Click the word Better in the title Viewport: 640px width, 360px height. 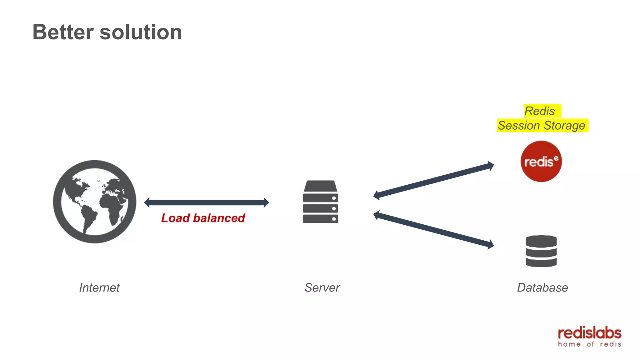[63, 32]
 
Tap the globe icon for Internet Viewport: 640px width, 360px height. [94, 202]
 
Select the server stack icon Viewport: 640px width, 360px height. [320, 202]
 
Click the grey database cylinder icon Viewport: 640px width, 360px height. [541, 251]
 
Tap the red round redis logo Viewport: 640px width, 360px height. [541, 161]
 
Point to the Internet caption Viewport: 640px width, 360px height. [99, 287]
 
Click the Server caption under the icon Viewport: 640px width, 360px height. [322, 287]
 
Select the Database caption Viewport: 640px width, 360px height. [542, 287]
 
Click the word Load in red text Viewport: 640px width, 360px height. [175, 218]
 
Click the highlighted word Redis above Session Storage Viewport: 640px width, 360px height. [540, 111]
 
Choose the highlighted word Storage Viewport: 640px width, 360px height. [564, 126]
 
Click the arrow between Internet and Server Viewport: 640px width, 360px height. [206, 202]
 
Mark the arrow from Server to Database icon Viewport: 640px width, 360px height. [433, 230]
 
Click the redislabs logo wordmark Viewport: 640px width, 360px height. [589, 333]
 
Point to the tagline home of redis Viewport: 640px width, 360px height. [589, 344]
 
